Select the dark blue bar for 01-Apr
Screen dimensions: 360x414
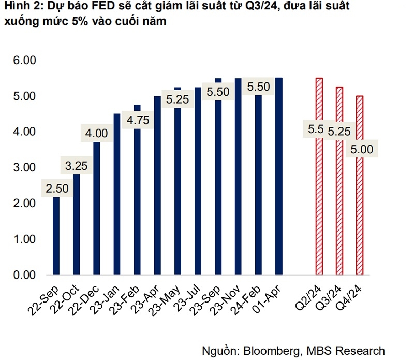pyautogui.click(x=279, y=176)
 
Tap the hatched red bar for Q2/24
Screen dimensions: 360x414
pyautogui.click(x=319, y=207)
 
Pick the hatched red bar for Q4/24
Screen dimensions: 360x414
pyautogui.click(x=360, y=218)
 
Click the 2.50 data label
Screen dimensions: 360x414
pyautogui.click(x=56, y=189)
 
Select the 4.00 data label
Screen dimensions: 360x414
pyautogui.click(x=97, y=134)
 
